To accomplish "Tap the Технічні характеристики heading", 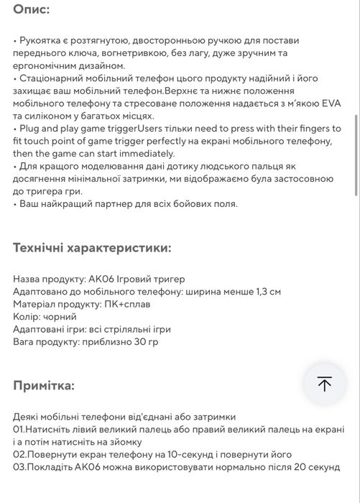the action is click(x=92, y=248).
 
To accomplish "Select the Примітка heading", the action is click(x=43, y=385).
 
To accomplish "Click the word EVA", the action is click(x=331, y=103).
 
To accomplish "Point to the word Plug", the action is click(x=31, y=128).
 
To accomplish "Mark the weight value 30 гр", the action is click(x=144, y=341).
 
